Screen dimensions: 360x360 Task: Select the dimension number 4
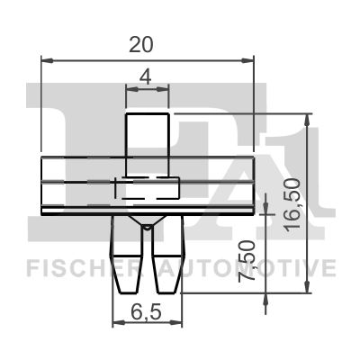146,77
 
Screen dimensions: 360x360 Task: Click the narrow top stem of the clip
148,144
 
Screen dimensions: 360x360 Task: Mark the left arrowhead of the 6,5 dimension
114,324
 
